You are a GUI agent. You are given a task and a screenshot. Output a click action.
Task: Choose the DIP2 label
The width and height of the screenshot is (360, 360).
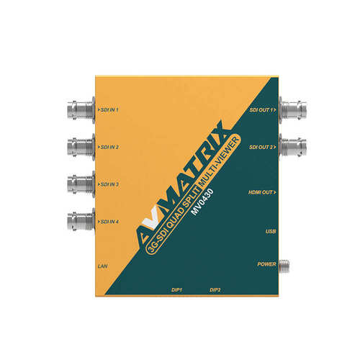[215, 289]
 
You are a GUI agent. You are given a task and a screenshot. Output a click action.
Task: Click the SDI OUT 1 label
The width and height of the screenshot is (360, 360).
[262, 110]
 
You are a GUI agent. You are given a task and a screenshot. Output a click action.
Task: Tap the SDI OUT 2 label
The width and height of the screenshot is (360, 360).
[262, 147]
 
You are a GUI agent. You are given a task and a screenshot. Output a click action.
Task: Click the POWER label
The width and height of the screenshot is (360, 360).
[267, 264]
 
